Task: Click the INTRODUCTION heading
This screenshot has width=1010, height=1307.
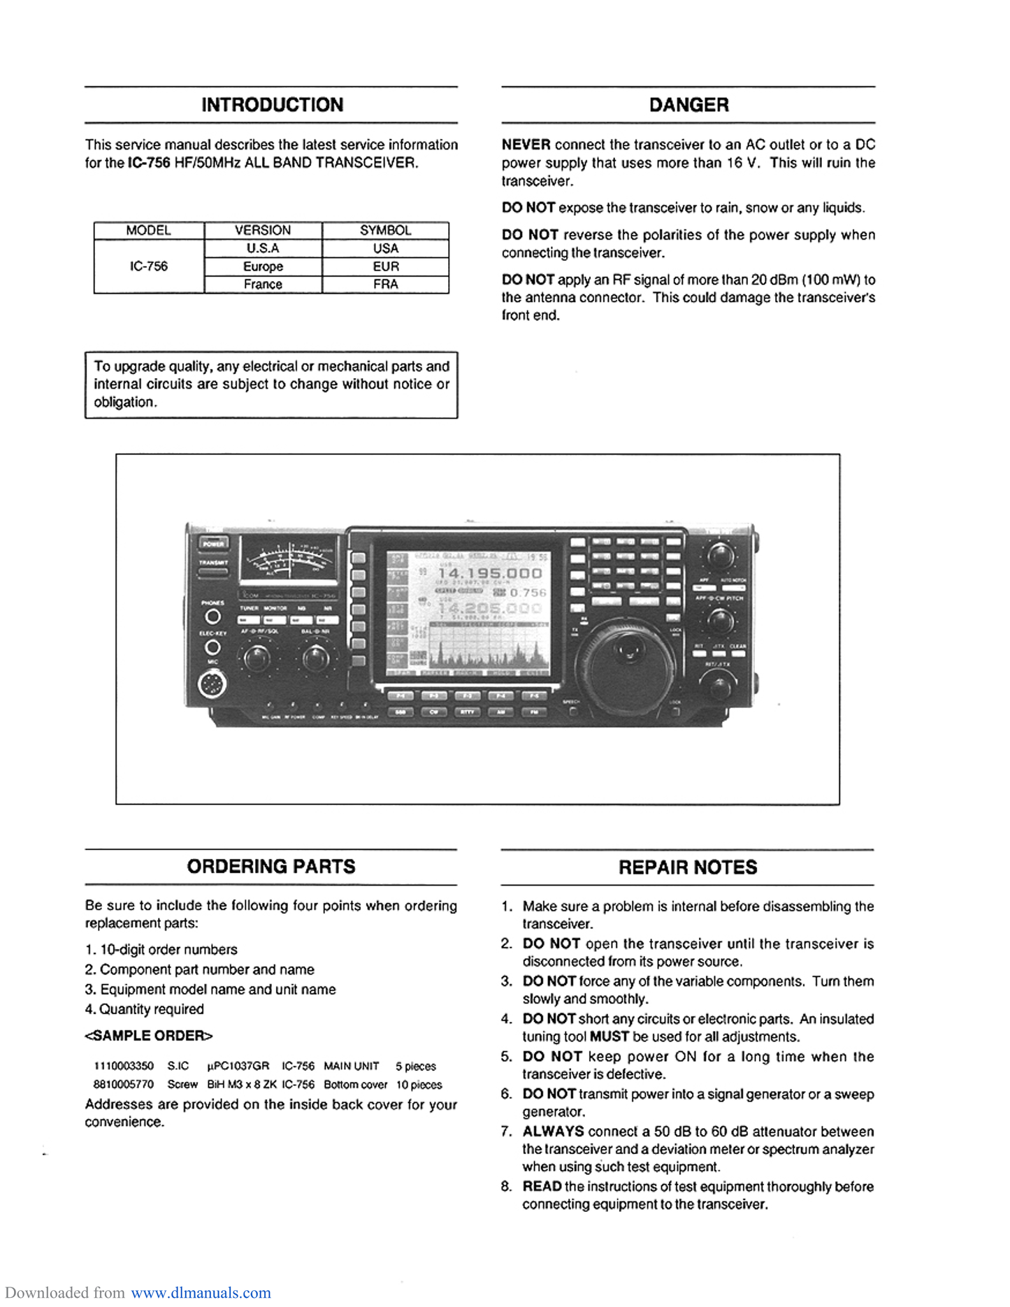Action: pyautogui.click(x=272, y=105)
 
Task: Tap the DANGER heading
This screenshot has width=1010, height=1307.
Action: pyautogui.click(x=688, y=105)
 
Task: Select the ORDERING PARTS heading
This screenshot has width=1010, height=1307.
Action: pyautogui.click(x=271, y=867)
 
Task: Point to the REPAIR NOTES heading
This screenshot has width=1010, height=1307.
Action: pyautogui.click(x=688, y=867)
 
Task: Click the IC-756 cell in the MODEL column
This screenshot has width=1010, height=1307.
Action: pyautogui.click(x=149, y=266)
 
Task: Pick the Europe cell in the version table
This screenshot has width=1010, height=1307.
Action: pyautogui.click(x=263, y=266)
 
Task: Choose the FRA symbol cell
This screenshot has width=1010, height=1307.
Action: pyautogui.click(x=385, y=284)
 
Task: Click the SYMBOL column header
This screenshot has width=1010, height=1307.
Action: pyautogui.click(x=385, y=230)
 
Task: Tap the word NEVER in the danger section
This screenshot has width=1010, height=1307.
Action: pyautogui.click(x=526, y=145)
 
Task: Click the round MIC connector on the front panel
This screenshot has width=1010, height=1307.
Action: pyautogui.click(x=212, y=684)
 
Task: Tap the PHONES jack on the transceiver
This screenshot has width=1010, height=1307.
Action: pyautogui.click(x=212, y=616)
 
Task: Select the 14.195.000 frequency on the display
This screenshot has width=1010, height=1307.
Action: pyautogui.click(x=489, y=573)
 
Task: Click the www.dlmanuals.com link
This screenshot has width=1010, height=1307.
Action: pyautogui.click(x=201, y=1292)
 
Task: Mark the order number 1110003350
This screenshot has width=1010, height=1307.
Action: pyautogui.click(x=124, y=1066)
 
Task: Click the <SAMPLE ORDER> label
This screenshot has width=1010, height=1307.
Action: pyautogui.click(x=148, y=1036)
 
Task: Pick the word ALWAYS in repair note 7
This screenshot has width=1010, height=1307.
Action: pyautogui.click(x=553, y=1131)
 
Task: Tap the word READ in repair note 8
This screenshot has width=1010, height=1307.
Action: pyautogui.click(x=542, y=1186)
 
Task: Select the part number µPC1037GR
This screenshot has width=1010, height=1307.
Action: pyautogui.click(x=238, y=1066)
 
